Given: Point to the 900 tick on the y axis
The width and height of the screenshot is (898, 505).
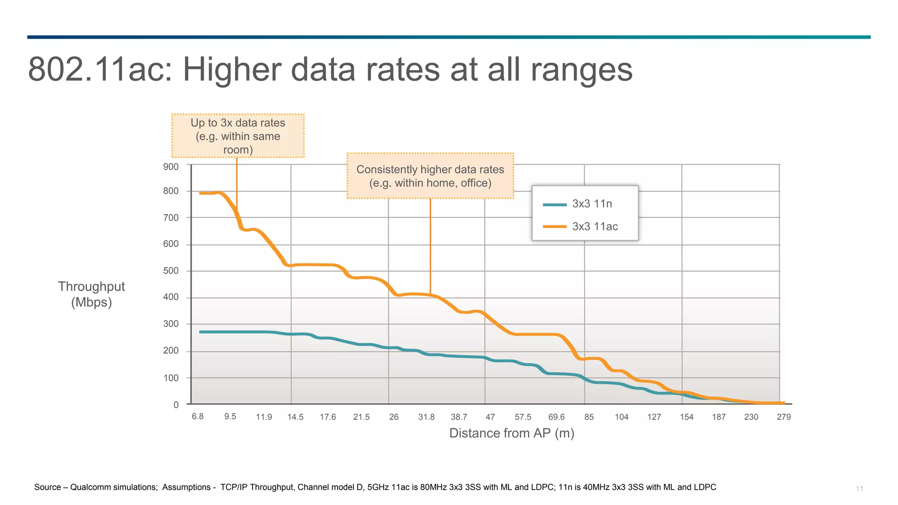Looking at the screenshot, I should (171, 167).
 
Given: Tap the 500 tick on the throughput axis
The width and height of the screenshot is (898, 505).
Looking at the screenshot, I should (171, 270).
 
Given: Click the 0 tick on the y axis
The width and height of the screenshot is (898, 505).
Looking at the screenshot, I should (176, 405).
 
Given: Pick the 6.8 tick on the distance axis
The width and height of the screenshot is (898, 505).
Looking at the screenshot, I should (198, 416).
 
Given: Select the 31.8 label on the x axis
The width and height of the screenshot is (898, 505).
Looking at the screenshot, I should (426, 417).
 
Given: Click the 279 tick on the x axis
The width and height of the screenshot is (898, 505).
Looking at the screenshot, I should (784, 417).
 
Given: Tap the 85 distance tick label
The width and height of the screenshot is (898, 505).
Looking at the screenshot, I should (589, 417).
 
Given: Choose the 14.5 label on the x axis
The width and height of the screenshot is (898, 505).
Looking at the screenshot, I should (296, 417).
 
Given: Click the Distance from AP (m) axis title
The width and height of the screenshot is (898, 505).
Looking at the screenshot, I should (512, 433).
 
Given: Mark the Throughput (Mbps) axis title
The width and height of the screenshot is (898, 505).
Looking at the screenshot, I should (92, 294).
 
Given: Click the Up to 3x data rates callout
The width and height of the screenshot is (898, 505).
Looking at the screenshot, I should (238, 136).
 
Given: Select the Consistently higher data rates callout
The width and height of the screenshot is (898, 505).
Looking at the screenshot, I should (430, 176).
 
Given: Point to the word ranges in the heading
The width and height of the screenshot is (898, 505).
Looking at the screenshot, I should (581, 69).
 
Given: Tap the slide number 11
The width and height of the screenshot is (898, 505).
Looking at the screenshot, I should (859, 488).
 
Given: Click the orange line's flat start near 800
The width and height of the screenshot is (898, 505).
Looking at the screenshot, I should (208, 193).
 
